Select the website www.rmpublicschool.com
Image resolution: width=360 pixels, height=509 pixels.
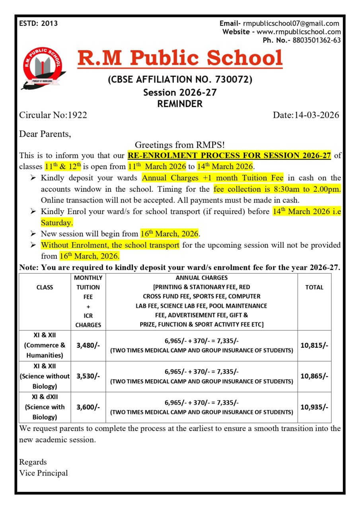click(298, 32)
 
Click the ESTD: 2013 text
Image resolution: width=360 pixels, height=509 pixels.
click(38, 23)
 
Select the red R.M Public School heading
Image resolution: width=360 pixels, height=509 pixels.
click(180, 58)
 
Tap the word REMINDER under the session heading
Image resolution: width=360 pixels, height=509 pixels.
click(180, 104)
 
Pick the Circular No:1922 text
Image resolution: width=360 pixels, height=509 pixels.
click(53, 115)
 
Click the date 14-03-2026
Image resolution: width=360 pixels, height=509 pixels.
click(317, 115)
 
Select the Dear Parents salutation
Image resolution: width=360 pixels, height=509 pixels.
click(45, 134)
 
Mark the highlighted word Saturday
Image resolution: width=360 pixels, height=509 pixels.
click(57, 222)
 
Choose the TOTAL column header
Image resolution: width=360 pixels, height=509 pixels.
click(314, 287)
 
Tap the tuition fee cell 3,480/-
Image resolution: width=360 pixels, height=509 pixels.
click(88, 346)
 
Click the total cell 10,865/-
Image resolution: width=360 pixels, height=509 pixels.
click(314, 376)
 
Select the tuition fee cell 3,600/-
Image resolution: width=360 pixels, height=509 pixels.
click(88, 407)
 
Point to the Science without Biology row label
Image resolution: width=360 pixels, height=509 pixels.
click(45, 376)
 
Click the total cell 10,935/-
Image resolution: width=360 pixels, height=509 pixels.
click(314, 407)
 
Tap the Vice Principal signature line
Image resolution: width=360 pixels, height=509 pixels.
click(43, 473)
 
